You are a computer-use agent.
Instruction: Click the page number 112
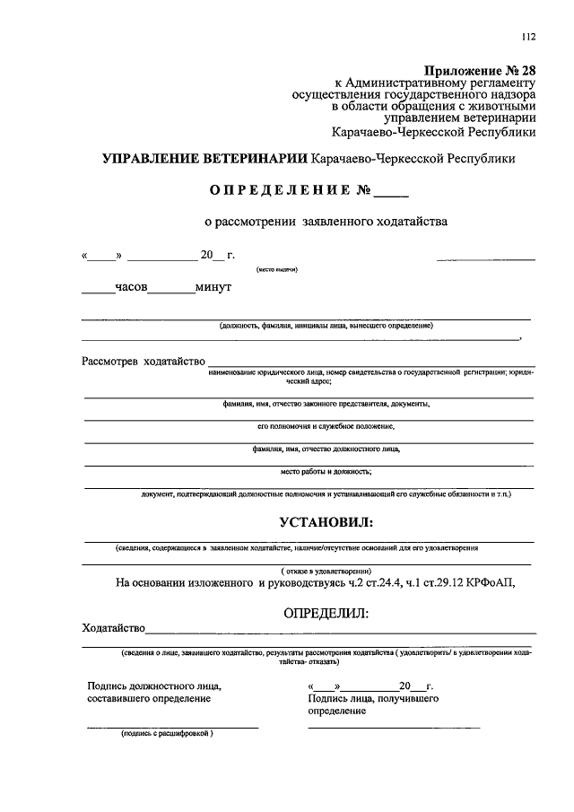pos(527,37)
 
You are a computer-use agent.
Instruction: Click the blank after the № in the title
pos(391,191)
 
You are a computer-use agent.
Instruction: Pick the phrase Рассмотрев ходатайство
pos(143,362)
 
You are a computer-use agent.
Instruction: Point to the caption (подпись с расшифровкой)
pos(168,733)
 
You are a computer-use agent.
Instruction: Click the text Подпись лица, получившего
pos(372,697)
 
